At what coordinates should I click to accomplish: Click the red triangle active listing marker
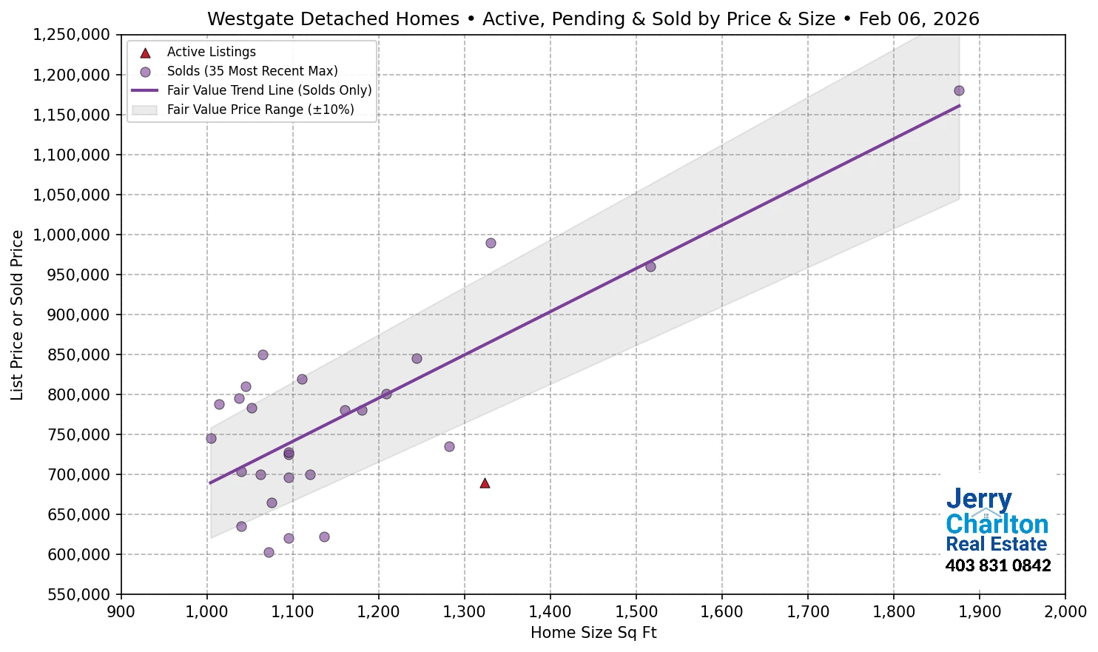point(485,483)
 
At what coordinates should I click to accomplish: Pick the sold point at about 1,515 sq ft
point(650,266)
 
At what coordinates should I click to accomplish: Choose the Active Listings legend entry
point(211,52)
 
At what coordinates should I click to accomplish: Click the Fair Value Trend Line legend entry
point(269,90)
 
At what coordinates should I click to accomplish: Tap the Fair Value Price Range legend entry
point(260,110)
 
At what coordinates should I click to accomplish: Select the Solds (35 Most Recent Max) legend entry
point(252,71)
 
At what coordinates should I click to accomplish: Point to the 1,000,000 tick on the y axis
point(71,235)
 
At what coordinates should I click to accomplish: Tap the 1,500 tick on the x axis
point(636,612)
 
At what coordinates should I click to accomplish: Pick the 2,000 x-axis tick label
point(1065,612)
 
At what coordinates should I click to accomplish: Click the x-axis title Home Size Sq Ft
point(593,633)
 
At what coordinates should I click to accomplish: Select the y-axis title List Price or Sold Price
point(17,315)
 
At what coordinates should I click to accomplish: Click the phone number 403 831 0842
point(997,566)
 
